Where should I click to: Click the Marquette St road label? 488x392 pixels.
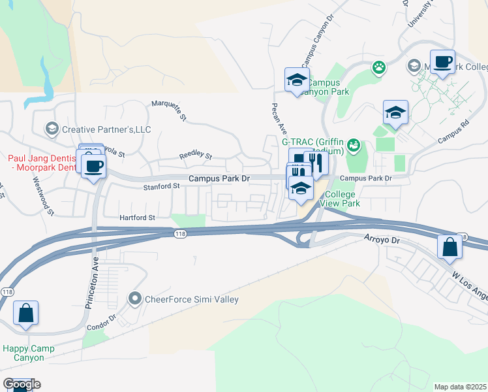click(x=170, y=111)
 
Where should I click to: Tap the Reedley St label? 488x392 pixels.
click(x=196, y=156)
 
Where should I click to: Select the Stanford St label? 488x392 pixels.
click(x=162, y=186)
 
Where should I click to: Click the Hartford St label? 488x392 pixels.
click(x=137, y=218)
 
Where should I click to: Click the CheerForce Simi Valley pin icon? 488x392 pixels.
click(x=136, y=299)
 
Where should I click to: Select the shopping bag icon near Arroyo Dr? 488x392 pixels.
click(x=450, y=246)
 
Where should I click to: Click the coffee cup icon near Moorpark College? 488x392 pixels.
click(x=442, y=61)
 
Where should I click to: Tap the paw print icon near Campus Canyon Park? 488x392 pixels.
click(x=378, y=66)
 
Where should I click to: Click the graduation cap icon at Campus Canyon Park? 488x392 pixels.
click(x=297, y=80)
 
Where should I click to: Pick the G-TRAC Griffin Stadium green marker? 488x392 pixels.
click(x=353, y=144)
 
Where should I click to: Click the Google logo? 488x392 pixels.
click(x=22, y=384)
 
